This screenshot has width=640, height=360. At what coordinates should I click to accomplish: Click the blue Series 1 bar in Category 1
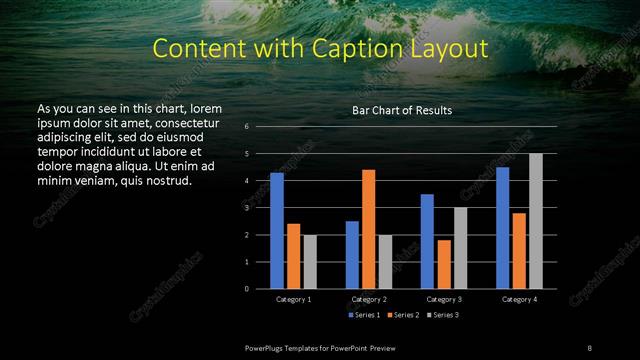pyautogui.click(x=277, y=231)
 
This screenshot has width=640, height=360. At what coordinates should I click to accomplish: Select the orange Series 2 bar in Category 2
pyautogui.click(x=368, y=229)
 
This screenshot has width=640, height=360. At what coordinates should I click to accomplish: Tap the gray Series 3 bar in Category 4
pyautogui.click(x=535, y=221)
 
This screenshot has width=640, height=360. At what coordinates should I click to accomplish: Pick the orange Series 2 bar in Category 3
pyautogui.click(x=443, y=264)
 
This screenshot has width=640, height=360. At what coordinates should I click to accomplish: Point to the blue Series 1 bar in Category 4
pyautogui.click(x=502, y=228)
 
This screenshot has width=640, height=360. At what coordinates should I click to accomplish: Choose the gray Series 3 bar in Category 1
pyautogui.click(x=310, y=262)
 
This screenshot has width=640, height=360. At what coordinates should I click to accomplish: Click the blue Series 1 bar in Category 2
pyautogui.click(x=352, y=255)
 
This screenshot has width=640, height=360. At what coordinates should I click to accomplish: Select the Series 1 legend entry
pyautogui.click(x=364, y=315)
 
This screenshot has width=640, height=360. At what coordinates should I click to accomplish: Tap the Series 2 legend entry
pyautogui.click(x=402, y=315)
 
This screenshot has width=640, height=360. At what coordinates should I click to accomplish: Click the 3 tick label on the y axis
pyautogui.click(x=246, y=208)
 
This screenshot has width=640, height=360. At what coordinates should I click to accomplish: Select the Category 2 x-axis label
pyautogui.click(x=369, y=299)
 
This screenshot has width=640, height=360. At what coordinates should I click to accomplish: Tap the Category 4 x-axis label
pyautogui.click(x=518, y=299)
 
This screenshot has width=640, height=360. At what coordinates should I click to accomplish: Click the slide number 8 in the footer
pyautogui.click(x=590, y=346)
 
